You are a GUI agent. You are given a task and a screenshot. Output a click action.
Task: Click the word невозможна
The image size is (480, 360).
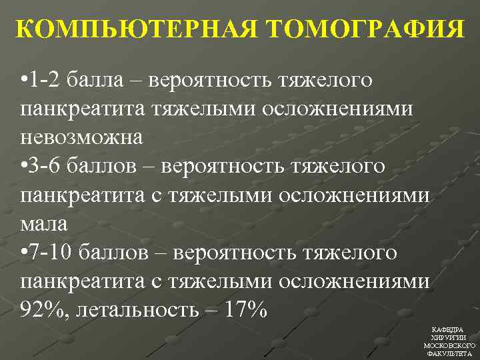[81, 137]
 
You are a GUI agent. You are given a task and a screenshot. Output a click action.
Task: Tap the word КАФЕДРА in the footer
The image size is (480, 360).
[449, 330]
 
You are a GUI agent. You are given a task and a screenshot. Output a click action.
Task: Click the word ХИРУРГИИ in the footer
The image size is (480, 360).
[449, 338]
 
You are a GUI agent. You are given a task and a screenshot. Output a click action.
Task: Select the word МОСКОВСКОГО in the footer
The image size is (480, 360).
[449, 346]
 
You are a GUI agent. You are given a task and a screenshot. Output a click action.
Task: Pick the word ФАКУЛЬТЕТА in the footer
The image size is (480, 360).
[449, 354]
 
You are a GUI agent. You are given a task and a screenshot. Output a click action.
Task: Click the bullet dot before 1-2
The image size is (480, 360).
[24, 81]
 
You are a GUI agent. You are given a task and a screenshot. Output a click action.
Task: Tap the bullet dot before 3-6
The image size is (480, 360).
[24, 167]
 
